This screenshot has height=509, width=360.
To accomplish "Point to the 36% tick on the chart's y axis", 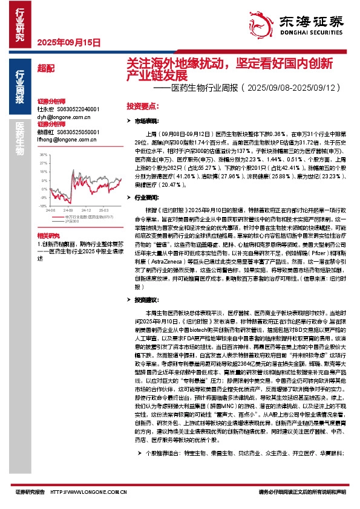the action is pos(43,154).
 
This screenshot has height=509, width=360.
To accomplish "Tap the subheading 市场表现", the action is pos(147,122).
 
